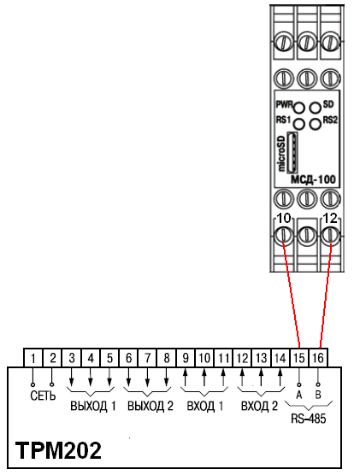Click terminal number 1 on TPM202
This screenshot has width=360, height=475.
coord(32,358)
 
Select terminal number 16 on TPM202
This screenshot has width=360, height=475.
coord(319,358)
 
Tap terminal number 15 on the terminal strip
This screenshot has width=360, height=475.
coord(299,358)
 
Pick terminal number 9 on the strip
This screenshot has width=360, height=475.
coord(185,358)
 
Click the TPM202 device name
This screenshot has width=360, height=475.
coord(58,451)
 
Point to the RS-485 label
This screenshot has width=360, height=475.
coord(308,419)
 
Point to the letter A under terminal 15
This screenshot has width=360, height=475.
coord(299,396)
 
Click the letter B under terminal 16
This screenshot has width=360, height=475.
coord(319,396)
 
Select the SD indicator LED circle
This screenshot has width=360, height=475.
coord(316,108)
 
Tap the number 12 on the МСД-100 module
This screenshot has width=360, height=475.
coord(330,220)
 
